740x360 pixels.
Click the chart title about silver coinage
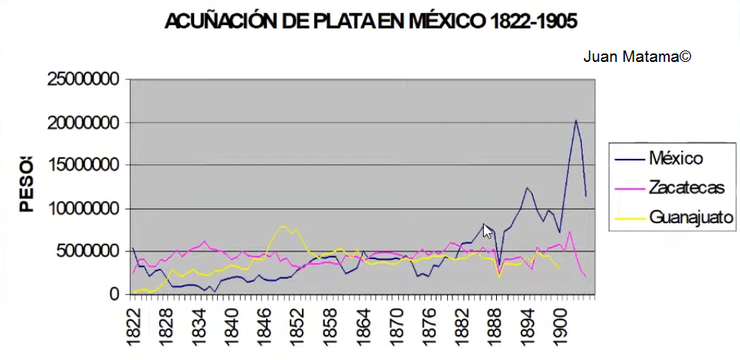(x=371, y=22)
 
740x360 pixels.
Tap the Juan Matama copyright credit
(x=637, y=57)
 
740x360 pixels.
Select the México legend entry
(x=676, y=159)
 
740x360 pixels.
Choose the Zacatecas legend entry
(x=684, y=187)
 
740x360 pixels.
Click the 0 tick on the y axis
(x=115, y=294)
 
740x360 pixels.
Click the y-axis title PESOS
(x=28, y=183)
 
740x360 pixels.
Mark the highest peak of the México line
(x=576, y=120)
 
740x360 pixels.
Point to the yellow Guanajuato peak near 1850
(x=284, y=226)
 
